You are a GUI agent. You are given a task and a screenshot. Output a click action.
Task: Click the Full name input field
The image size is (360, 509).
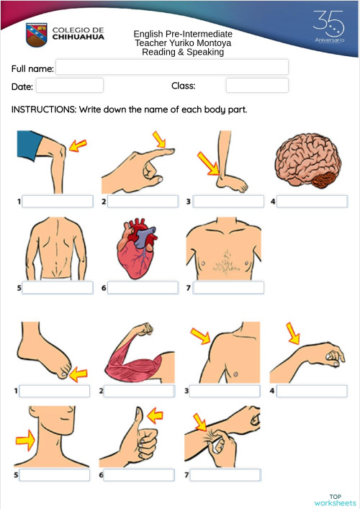172,68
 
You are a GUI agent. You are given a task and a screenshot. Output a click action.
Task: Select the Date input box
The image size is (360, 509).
69,86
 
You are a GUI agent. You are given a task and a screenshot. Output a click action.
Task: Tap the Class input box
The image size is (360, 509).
256,86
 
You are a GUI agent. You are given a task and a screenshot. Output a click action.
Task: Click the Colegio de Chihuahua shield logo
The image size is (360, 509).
37,34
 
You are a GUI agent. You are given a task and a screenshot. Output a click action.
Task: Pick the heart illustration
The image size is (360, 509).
136,250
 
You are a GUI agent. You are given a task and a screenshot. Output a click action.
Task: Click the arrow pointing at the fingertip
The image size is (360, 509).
159,138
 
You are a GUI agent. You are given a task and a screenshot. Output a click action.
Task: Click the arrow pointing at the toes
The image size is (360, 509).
77,374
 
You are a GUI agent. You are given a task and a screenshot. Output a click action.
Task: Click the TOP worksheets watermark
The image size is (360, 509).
335,500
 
